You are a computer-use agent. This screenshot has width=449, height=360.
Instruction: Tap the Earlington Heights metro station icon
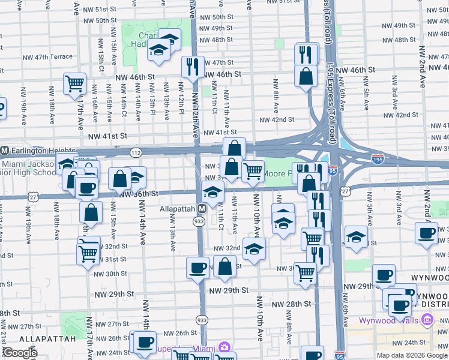point(4,150)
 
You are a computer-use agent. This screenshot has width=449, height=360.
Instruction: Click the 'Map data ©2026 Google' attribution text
point(411,355)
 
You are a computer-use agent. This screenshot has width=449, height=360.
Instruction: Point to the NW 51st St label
point(100,10)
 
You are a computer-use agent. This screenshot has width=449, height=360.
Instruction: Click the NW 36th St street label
point(138,194)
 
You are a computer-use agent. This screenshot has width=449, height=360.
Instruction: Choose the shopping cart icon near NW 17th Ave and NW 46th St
point(74,83)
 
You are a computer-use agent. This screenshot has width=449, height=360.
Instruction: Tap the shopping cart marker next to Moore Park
point(253,170)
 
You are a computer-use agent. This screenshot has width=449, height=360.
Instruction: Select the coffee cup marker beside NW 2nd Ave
point(427,233)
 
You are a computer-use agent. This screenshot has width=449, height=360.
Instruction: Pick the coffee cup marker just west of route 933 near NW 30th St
point(197,267)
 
